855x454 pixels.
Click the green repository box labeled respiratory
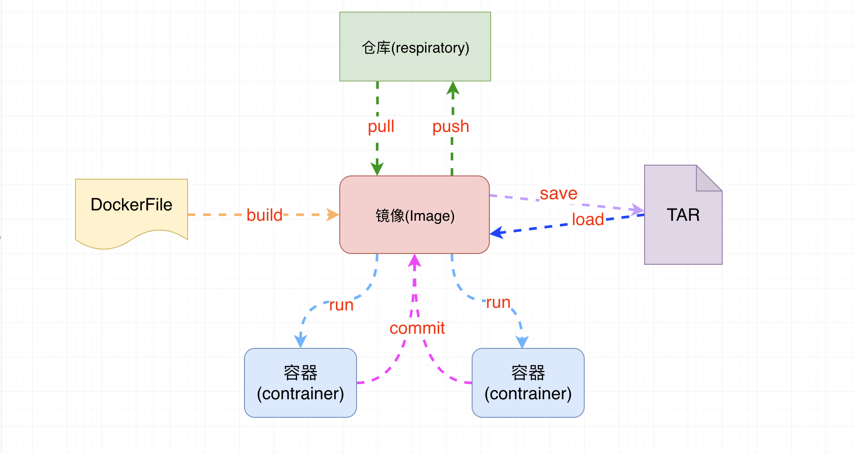(x=415, y=47)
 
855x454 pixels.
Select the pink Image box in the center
(x=414, y=215)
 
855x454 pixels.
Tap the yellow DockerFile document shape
(x=132, y=209)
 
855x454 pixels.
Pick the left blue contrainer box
(x=300, y=383)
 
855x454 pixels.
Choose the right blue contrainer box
(x=528, y=383)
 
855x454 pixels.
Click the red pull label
(x=381, y=126)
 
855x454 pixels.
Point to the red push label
(x=451, y=126)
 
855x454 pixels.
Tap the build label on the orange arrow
(x=264, y=215)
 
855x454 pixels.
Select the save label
(x=558, y=193)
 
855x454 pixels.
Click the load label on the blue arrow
(x=587, y=219)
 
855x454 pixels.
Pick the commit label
(x=417, y=328)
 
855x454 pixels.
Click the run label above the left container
(x=341, y=305)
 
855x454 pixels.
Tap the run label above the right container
(x=498, y=302)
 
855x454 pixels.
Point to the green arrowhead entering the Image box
(x=377, y=169)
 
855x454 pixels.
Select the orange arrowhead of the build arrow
(x=332, y=215)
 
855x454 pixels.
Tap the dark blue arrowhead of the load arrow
(x=497, y=233)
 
